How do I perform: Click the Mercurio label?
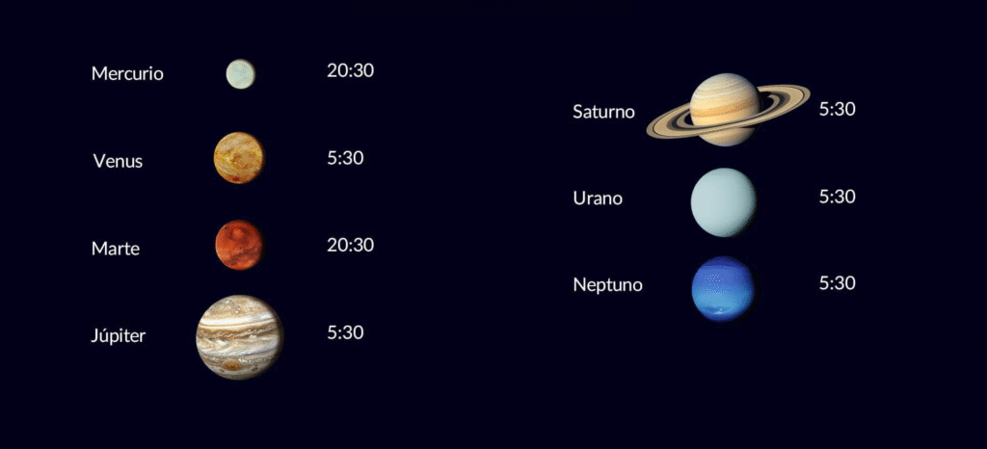pos(127,73)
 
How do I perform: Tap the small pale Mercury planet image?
pos(240,73)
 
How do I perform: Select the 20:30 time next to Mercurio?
pos(350,70)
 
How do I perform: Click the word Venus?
pos(118,161)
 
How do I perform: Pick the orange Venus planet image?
pos(238,158)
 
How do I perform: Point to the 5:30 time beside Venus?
pos(345,158)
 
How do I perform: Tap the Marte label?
pos(116,249)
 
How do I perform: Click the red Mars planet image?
pos(238,245)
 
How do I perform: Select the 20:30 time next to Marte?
pos(350,245)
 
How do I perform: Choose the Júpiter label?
pos(118,336)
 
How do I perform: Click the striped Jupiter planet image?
pos(239,336)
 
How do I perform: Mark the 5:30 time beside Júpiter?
pos(345,332)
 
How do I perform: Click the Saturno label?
pos(603,112)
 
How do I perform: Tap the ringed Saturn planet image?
pos(726,109)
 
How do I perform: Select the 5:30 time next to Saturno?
pos(837,109)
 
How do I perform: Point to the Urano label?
pos(598,198)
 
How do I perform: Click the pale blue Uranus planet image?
pos(724,201)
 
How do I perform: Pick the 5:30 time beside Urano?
pos(837,197)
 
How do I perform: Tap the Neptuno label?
pos(607,285)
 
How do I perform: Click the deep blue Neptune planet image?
pos(723,288)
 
